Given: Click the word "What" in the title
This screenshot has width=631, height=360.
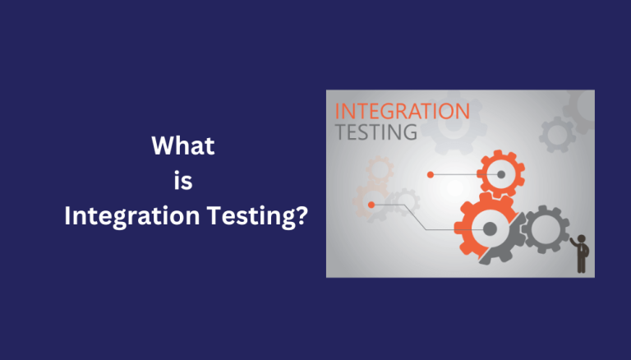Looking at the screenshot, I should coord(183,147).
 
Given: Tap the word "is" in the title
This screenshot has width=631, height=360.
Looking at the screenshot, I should coord(183,182).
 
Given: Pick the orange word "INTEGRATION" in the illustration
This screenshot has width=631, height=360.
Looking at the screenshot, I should coord(402,112).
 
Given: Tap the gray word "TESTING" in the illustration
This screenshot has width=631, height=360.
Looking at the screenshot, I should coord(377,132).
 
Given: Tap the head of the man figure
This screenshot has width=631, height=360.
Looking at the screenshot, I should coord(582,237).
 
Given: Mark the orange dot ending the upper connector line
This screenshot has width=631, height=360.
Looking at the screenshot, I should coord(430,173).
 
